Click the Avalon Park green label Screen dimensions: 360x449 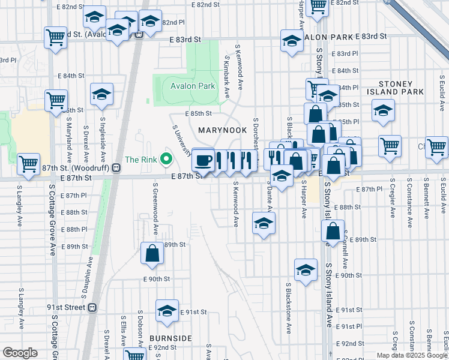coord(192,86)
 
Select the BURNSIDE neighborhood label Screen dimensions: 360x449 coord(170,338)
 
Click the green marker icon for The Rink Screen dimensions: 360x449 coord(167,160)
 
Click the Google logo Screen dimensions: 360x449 coord(20,353)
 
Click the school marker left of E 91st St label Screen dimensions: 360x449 coord(167,311)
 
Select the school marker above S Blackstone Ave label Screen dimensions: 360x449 coord(305,270)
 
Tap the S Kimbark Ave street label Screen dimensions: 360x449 coord(228,77)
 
